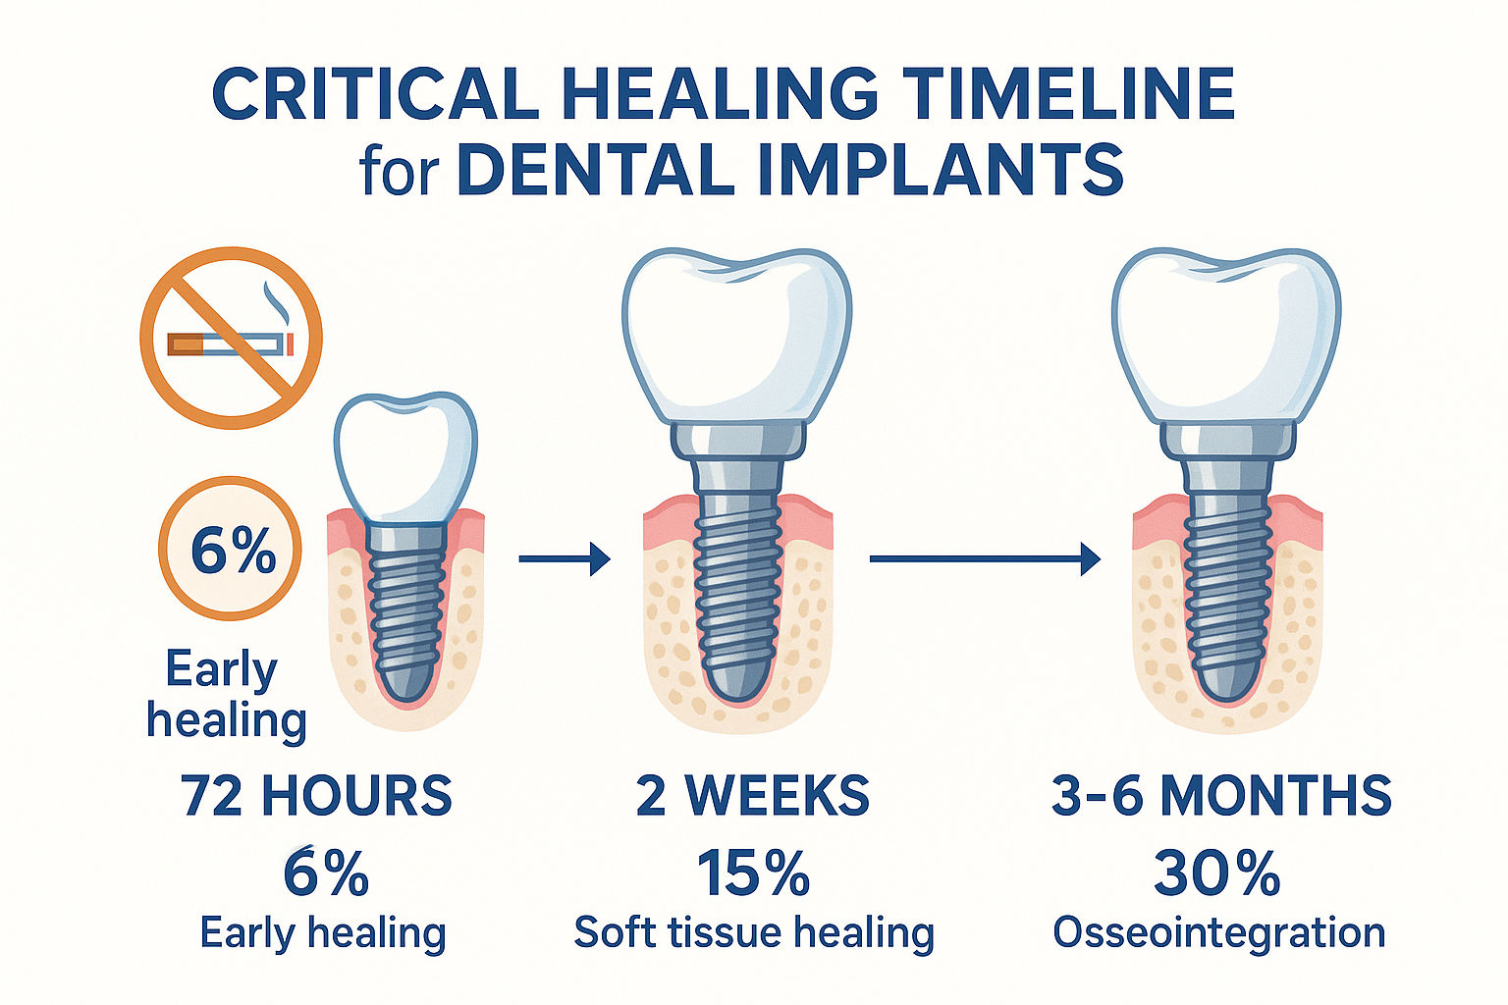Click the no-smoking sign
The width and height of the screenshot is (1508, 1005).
231,337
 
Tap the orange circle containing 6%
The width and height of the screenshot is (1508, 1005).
231,549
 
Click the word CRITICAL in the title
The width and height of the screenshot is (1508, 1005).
375,95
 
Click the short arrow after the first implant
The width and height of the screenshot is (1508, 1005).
565,559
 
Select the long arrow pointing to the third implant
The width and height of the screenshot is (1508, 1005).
985,559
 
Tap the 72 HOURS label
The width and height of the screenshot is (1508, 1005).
316,795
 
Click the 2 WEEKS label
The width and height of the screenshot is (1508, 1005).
753,795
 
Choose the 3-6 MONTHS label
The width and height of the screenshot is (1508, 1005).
1221,795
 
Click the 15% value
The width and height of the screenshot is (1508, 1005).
753,873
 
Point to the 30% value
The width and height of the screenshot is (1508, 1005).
1217,873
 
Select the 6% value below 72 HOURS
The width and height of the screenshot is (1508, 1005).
326,873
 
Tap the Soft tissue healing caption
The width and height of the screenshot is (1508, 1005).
753,932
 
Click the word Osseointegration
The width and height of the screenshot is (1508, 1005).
1219,932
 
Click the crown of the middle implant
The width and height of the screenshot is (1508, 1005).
736,334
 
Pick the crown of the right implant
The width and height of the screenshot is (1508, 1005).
1226,334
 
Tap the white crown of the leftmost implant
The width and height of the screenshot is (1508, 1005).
405,456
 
